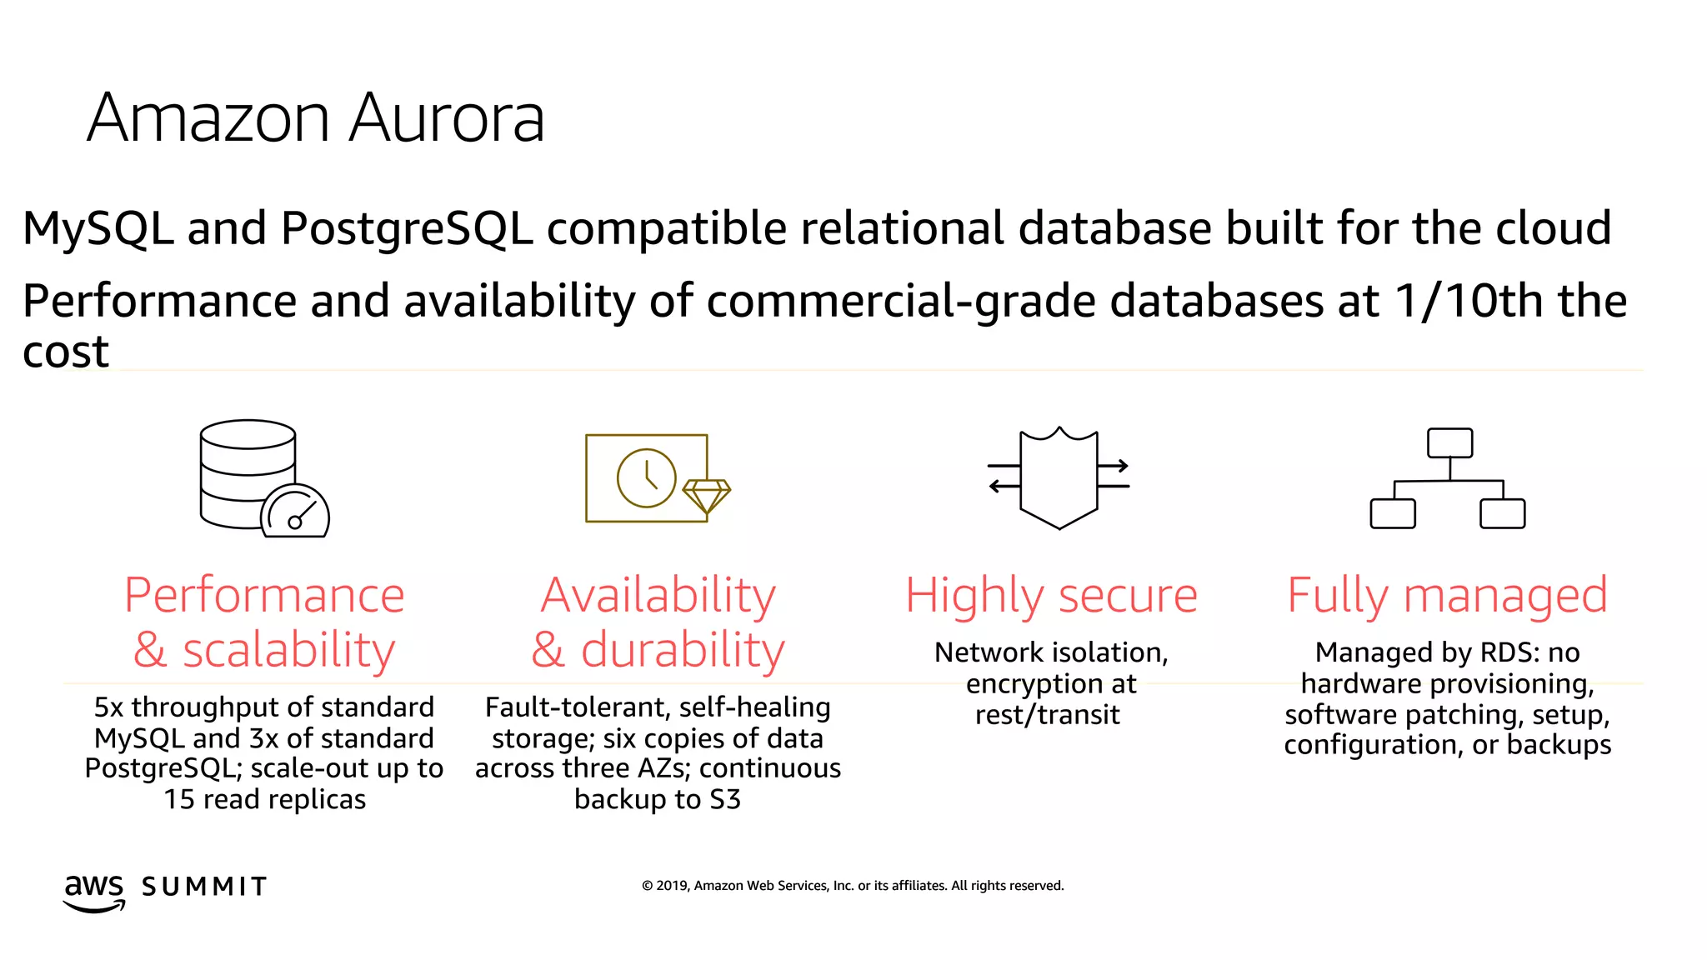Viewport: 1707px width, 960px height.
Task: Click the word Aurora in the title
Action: coord(446,118)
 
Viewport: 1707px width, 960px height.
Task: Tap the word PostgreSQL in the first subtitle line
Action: coord(406,228)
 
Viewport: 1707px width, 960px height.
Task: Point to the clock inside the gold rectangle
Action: coord(646,478)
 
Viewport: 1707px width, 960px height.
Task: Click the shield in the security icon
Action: coord(1059,479)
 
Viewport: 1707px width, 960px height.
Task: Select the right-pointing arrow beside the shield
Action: coord(1114,466)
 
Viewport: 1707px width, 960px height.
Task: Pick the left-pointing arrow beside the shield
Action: coord(1004,486)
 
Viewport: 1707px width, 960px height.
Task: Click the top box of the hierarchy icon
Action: coord(1449,443)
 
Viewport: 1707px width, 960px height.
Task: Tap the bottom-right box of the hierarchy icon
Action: coord(1502,513)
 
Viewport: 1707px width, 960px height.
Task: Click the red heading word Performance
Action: coord(264,596)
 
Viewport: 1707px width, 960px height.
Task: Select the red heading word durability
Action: coord(683,650)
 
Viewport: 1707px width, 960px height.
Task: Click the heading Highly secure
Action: coord(1051,596)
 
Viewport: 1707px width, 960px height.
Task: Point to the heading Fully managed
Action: coord(1447,596)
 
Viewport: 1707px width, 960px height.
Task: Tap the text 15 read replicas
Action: coord(264,800)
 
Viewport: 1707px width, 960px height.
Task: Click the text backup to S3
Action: coord(657,800)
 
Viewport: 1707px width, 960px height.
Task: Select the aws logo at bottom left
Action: coord(94,892)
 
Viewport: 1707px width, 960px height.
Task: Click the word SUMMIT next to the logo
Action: coord(204,887)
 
